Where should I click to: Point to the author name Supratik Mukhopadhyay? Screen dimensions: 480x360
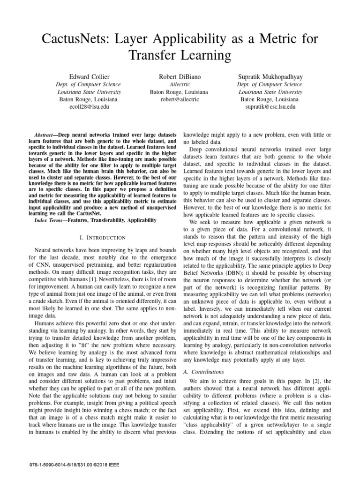270,76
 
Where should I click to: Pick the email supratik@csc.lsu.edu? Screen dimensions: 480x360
270,107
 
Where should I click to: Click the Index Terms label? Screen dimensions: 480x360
49,219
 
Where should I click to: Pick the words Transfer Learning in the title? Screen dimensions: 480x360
180,56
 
